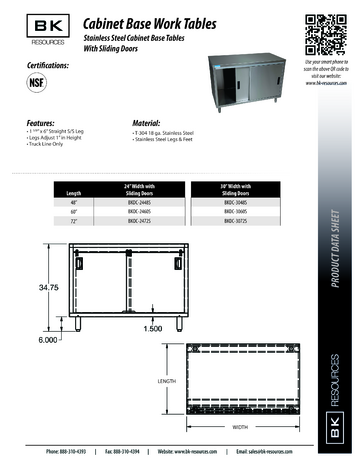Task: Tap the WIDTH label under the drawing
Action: [241, 427]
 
